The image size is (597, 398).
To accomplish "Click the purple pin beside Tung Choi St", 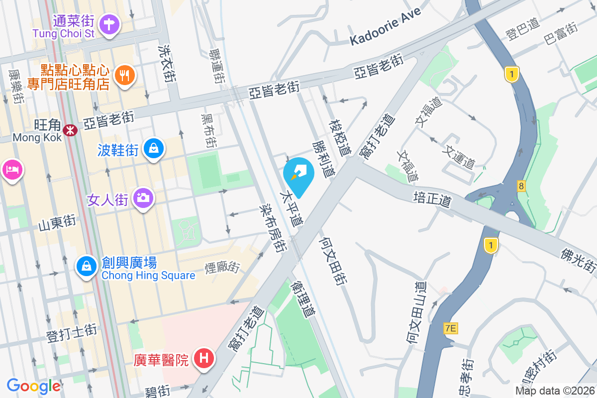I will coord(109,23).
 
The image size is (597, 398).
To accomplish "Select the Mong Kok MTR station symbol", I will coord(70,130).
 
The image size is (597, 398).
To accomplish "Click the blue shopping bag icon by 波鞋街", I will coord(154,148).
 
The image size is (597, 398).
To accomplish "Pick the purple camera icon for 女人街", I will coord(143,199).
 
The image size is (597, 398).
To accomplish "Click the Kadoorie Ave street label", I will coord(385,27).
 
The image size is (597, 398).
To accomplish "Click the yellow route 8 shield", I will coord(521,186).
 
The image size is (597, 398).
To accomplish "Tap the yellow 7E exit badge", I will coord(450,328).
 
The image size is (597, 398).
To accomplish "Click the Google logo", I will coord(34,386).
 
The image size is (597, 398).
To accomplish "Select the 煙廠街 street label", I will coord(222,267).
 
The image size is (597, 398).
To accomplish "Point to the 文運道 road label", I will coord(461,156).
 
